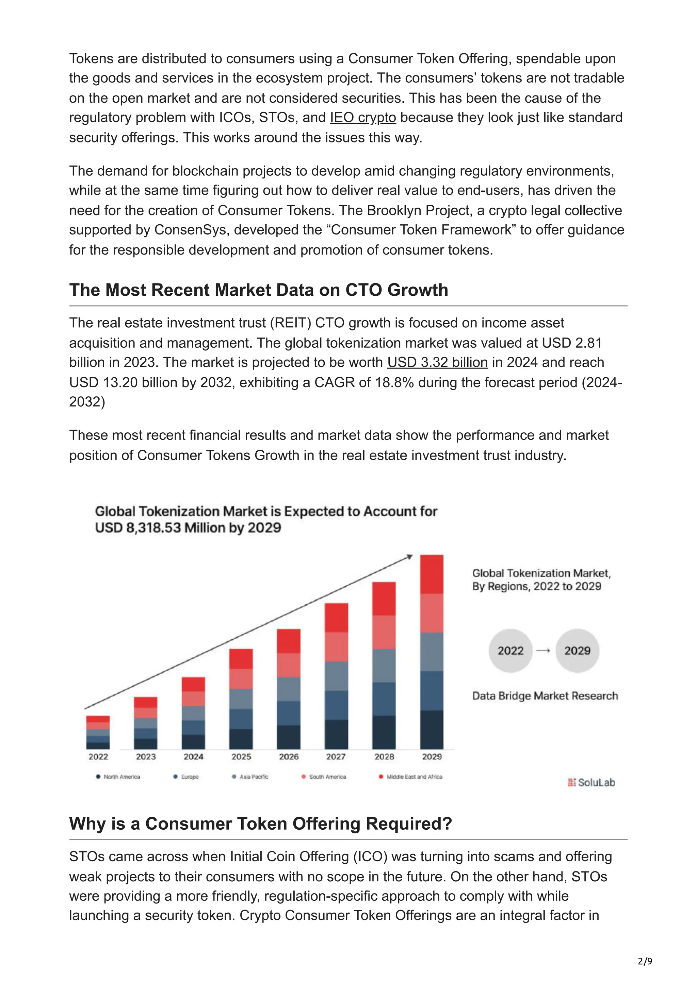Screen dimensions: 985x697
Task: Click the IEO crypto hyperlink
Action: coord(362,118)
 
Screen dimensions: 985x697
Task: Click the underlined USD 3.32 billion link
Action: coord(437,363)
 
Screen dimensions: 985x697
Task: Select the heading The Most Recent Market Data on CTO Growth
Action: coord(259,290)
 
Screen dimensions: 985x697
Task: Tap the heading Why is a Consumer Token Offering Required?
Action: coord(260,824)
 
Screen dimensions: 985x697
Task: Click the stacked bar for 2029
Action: coord(431,652)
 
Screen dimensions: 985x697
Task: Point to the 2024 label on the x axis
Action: coord(193,757)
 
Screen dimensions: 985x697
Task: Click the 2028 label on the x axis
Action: coord(384,757)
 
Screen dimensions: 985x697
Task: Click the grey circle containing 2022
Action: coord(510,651)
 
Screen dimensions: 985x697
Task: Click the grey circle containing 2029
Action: coord(577,651)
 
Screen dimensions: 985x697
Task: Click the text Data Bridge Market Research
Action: coord(545,696)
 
